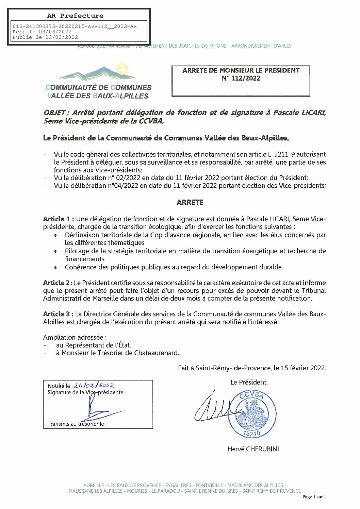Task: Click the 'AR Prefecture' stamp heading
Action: point(75,16)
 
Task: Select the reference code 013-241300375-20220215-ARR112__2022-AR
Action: point(75,27)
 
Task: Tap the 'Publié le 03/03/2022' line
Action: point(45,37)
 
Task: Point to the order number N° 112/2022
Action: point(241,79)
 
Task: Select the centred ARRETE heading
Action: point(190,202)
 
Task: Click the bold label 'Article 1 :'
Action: point(58,219)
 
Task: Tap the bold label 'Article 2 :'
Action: point(58,283)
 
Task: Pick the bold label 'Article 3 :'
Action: point(58,314)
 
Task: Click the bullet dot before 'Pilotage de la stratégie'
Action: point(55,252)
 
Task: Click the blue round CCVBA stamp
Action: point(252,414)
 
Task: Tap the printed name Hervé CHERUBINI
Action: point(253,449)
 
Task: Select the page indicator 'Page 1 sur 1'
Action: point(314,497)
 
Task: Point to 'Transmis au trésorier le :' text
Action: point(77,424)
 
